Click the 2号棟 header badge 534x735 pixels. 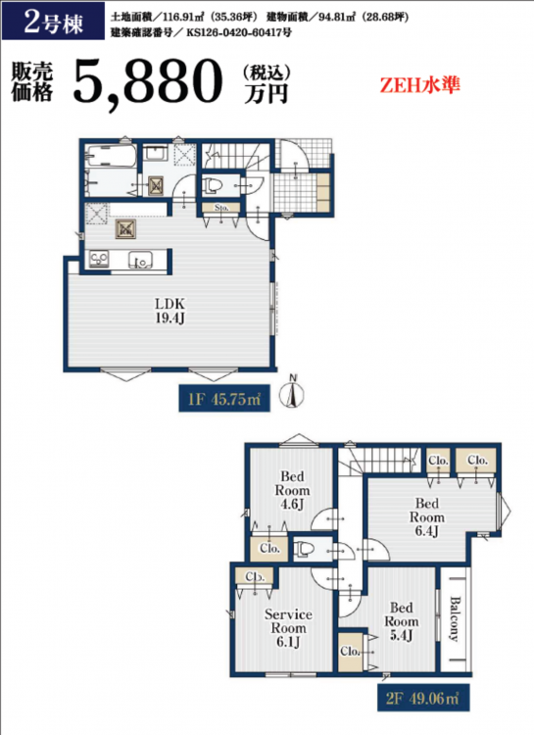coord(53,22)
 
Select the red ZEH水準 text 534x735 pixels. coord(419,85)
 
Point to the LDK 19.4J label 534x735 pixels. coord(170,311)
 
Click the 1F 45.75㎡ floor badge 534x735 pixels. coord(224,400)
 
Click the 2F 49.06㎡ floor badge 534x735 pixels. coord(423,698)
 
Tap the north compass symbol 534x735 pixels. coord(292,393)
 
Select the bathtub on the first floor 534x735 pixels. coord(111,156)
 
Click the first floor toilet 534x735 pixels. coord(212,185)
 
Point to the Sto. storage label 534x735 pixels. coord(221,207)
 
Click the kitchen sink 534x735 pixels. coord(140,260)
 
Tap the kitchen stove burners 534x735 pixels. coord(99,260)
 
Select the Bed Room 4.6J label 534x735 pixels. coord(292,490)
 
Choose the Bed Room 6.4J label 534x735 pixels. coord(426,517)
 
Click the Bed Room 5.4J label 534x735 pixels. coord(402,621)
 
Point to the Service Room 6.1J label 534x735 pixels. coord(288,628)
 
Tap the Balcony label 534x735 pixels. coord(455,618)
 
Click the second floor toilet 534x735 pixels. coord(304,548)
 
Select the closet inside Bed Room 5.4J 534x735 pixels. coord(350,652)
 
